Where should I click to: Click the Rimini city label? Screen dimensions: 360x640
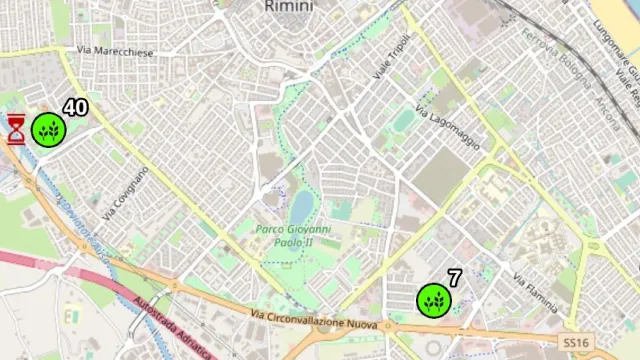(x=289, y=6)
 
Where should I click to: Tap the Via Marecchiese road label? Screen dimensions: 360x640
(x=118, y=51)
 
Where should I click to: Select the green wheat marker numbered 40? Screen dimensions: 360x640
(x=48, y=129)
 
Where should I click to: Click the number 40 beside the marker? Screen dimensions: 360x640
(x=75, y=108)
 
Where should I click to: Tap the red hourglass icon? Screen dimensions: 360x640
(x=16, y=129)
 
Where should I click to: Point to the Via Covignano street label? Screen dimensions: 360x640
(x=125, y=192)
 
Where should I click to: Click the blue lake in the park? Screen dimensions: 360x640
(x=300, y=208)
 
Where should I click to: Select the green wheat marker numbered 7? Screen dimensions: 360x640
(x=433, y=300)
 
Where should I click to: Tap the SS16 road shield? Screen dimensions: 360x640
(x=576, y=342)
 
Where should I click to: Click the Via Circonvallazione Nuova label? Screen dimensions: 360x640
(x=314, y=323)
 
